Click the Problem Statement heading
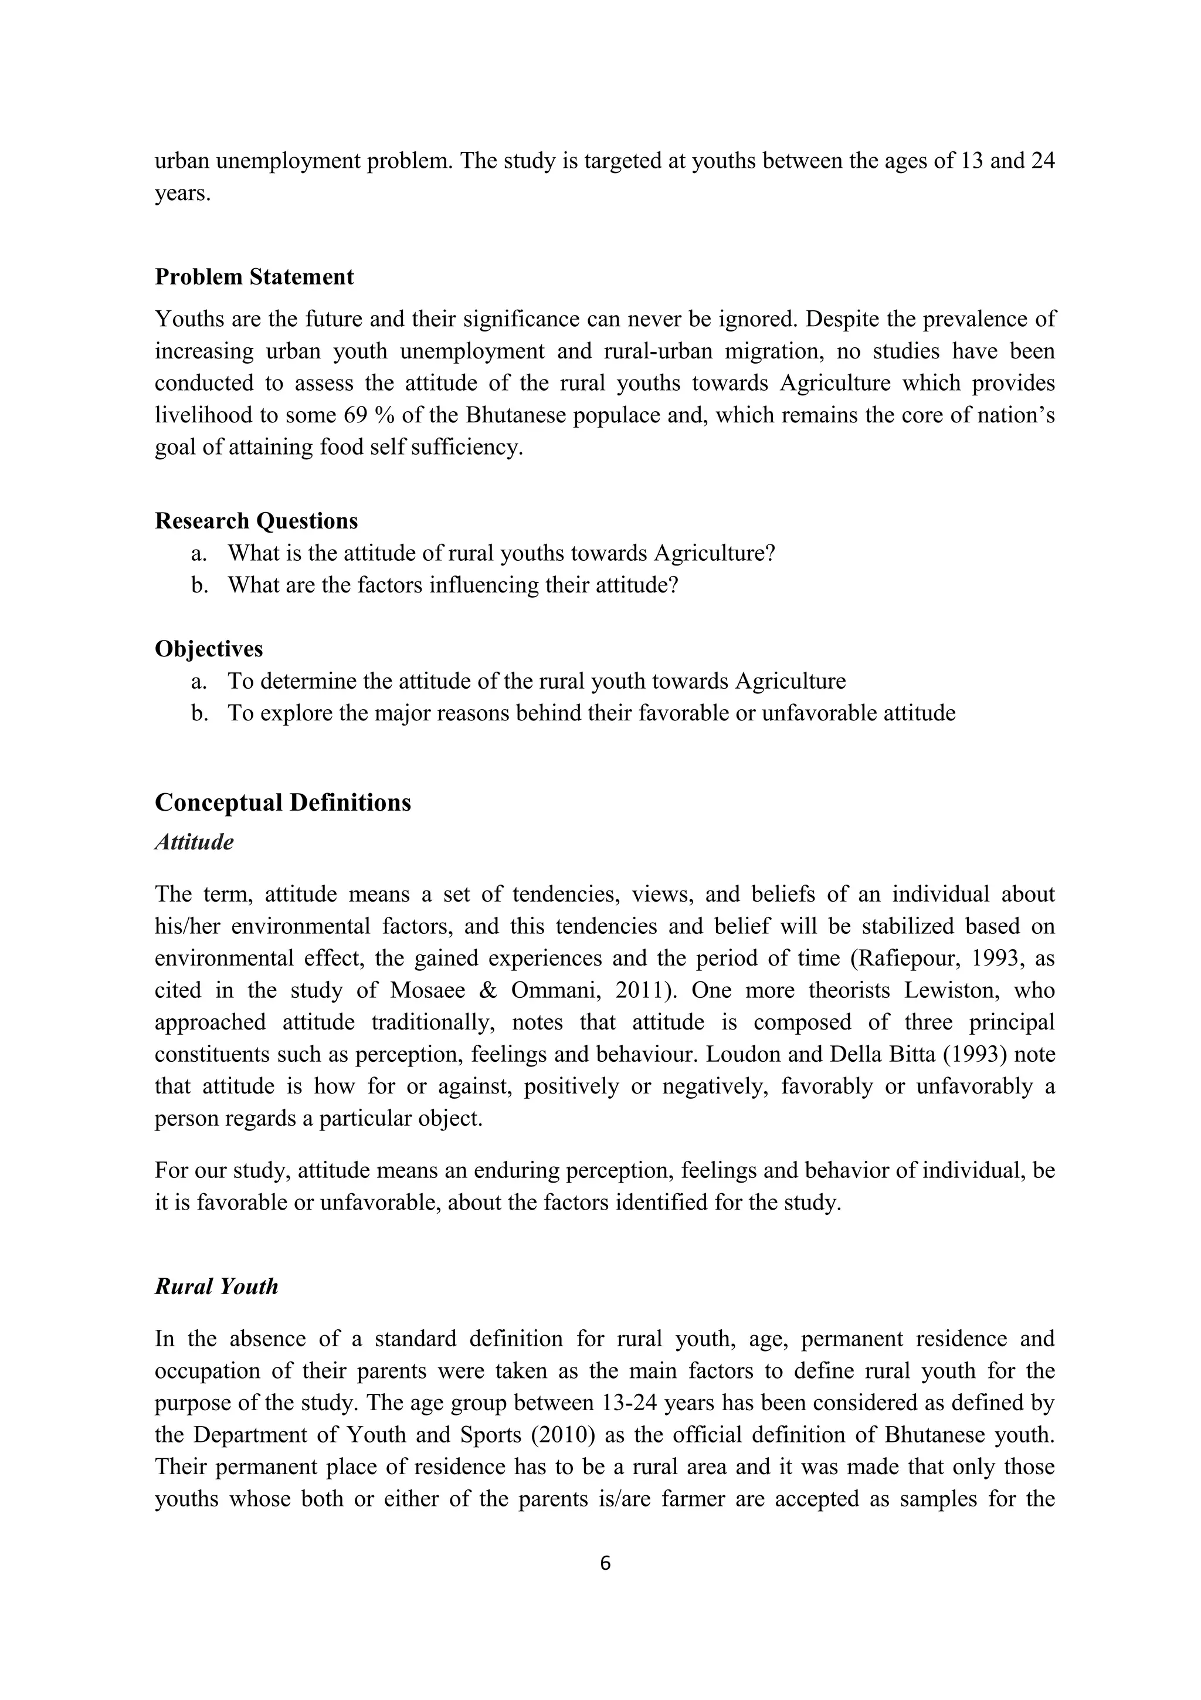pyautogui.click(x=254, y=277)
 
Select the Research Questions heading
pyautogui.click(x=256, y=521)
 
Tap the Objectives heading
pyautogui.click(x=209, y=649)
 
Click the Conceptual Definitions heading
pyautogui.click(x=283, y=802)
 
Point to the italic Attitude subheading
pyautogui.click(x=194, y=842)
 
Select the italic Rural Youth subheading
pyautogui.click(x=216, y=1287)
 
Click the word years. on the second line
pyautogui.click(x=183, y=194)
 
